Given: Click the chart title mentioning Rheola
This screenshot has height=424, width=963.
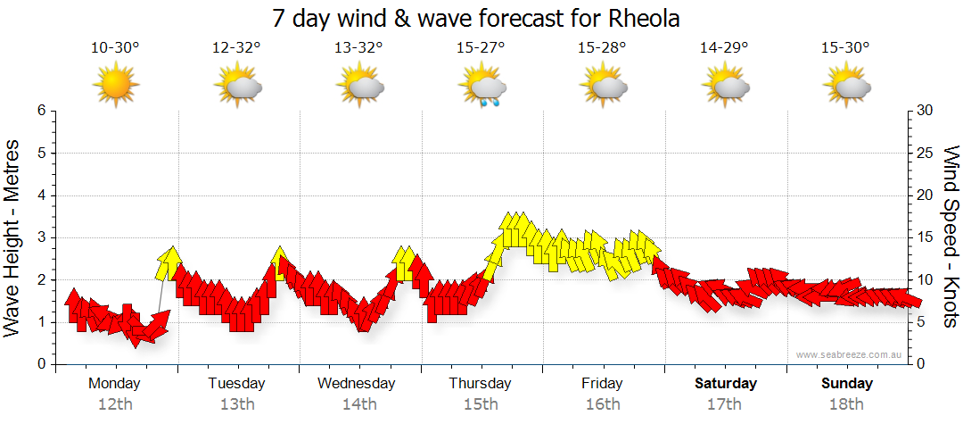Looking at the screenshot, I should [481, 18].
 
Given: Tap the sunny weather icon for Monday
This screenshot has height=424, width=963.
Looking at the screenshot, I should [115, 87].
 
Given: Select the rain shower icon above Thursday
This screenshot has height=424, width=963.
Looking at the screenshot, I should [482, 88].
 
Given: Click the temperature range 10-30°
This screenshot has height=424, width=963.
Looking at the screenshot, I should [115, 48].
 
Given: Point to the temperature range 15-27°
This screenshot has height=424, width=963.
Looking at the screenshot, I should [481, 48].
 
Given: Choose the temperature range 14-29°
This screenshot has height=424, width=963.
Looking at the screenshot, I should [724, 48].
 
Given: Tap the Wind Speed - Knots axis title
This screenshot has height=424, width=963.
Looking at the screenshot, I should [951, 237].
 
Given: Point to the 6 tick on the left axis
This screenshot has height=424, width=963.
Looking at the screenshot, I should [40, 111].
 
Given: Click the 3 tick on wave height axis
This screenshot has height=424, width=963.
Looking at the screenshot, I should [40, 237].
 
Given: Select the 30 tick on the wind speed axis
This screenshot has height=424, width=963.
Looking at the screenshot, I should [925, 111].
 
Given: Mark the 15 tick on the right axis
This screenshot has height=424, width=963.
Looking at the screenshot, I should [925, 237].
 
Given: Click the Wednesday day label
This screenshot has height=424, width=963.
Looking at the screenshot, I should [356, 384].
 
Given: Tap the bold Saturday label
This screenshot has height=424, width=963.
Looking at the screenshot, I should [726, 384].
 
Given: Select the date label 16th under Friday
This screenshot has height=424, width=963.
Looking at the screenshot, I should [603, 404].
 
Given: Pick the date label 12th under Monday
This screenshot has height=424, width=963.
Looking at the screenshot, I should [114, 404].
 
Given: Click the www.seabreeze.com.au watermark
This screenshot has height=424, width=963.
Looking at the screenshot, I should [850, 355].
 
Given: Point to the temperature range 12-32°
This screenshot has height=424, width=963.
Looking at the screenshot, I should [237, 48].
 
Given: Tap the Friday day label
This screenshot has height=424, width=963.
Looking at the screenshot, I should [603, 384].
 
